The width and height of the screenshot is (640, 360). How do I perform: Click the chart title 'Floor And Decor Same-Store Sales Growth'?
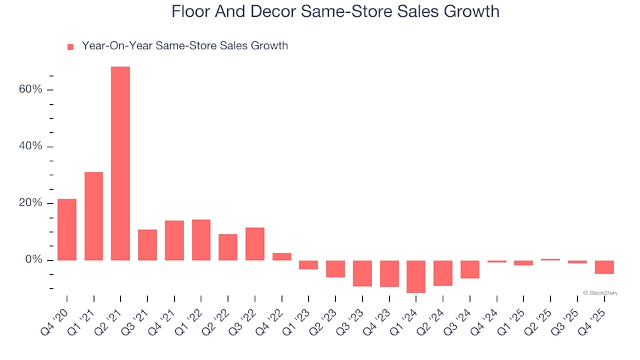[335, 12]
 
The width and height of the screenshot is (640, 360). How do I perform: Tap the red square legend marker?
[70, 47]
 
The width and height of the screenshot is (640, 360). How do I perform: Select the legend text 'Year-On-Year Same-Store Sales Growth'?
[185, 46]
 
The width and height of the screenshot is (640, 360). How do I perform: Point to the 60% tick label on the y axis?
[30, 89]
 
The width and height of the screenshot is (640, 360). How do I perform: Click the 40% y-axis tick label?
[30, 146]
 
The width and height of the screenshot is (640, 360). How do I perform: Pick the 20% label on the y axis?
[30, 203]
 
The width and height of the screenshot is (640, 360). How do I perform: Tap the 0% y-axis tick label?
[33, 259]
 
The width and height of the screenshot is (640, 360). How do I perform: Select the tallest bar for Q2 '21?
[121, 163]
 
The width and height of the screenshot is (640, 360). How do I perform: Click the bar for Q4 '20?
[67, 229]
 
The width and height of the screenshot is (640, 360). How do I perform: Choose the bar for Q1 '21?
[94, 216]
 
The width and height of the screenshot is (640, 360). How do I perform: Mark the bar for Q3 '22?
[255, 244]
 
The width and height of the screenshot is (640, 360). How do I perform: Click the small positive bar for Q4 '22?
[282, 257]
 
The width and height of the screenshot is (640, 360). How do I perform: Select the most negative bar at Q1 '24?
[416, 276]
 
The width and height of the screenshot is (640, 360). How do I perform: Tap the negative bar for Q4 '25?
[604, 267]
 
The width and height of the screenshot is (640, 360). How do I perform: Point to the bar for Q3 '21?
[147, 245]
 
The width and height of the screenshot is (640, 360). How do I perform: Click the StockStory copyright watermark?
[600, 293]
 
